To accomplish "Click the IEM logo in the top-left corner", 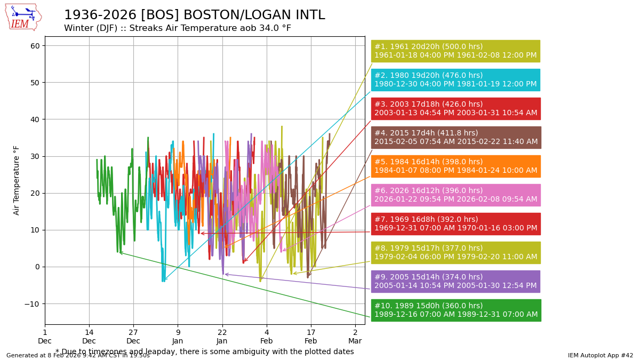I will pyautogui.click(x=23, y=17).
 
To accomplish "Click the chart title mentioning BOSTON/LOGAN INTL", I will pyautogui.click(x=194, y=15).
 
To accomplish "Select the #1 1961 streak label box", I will pyautogui.click(x=455, y=51).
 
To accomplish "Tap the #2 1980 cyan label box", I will pyautogui.click(x=455, y=80).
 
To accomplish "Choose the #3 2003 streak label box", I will pyautogui.click(x=455, y=109).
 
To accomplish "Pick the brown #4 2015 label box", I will pyautogui.click(x=455, y=138).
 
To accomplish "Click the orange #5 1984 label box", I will pyautogui.click(x=455, y=166).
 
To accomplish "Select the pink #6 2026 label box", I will pyautogui.click(x=455, y=195).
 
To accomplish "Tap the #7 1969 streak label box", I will pyautogui.click(x=455, y=224).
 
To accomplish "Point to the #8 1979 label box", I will pyautogui.click(x=455, y=253).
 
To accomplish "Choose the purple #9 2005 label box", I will pyautogui.click(x=455, y=282).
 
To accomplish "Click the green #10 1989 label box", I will pyautogui.click(x=455, y=310).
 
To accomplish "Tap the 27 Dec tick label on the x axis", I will pyautogui.click(x=133, y=337).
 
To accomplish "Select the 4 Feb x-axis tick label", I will pyautogui.click(x=267, y=337).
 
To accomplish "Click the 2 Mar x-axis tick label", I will pyautogui.click(x=355, y=337).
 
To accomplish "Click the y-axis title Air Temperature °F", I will pyautogui.click(x=17, y=180).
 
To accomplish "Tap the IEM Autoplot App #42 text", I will pyautogui.click(x=600, y=355).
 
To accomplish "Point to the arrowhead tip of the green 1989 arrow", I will pyautogui.click(x=119, y=252).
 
